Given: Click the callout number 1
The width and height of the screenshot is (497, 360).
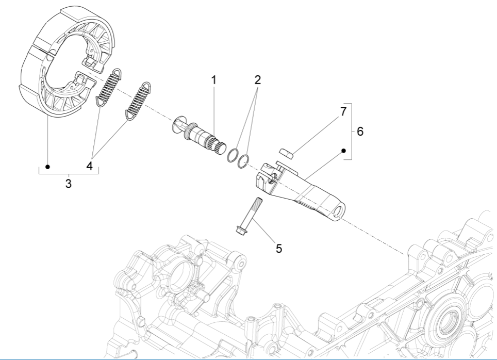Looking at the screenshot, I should coord(213,80).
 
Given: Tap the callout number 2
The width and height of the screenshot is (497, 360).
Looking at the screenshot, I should coord(257,80).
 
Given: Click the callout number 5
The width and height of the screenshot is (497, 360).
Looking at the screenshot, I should coord(278,248).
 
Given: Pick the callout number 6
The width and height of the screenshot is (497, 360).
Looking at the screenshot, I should coord(360,132).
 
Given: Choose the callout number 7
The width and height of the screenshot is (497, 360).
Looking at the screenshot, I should coord(343,111).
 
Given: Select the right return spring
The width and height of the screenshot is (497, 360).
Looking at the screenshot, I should coord(138,98).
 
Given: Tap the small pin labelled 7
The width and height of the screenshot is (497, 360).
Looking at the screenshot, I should coord(286,152).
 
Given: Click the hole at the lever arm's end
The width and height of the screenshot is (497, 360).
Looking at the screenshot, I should coord(339,212).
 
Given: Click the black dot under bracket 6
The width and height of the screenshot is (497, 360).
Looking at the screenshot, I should coord(343,151).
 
